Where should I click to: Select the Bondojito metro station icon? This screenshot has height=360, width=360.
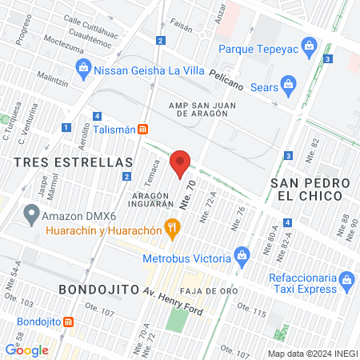click(68, 322)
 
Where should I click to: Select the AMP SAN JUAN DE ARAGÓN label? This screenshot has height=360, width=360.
click(199, 110)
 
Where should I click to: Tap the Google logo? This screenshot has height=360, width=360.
click(26, 350)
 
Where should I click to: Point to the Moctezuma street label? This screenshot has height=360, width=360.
click(64, 42)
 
